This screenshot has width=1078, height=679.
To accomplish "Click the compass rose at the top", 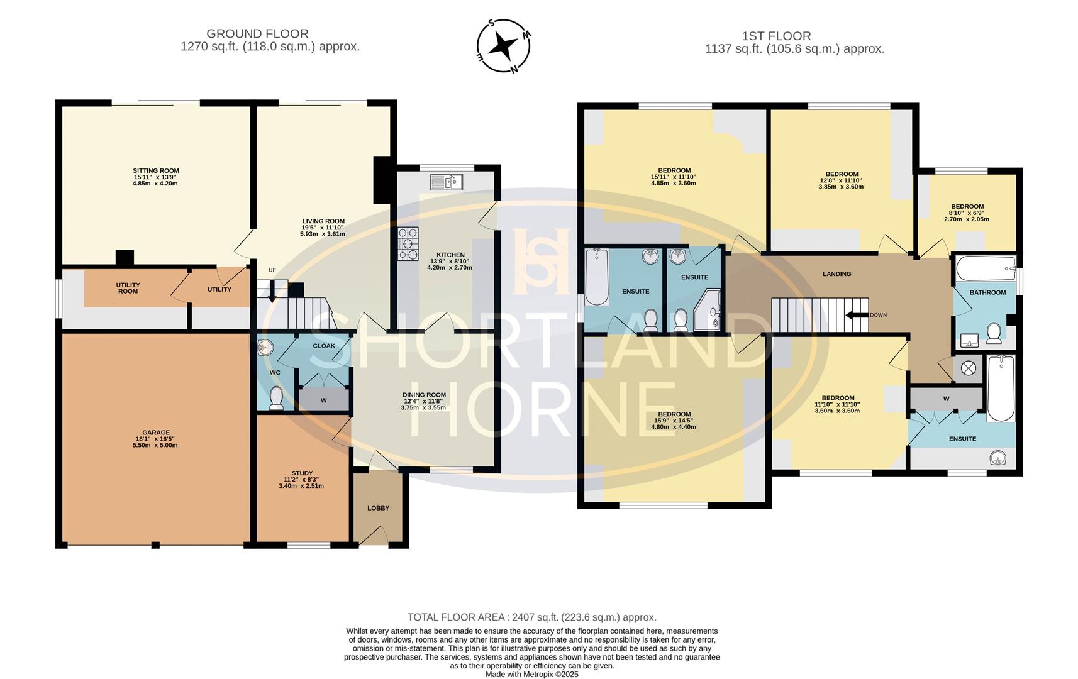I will coord(503,46).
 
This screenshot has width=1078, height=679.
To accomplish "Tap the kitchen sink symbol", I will coord(446,182).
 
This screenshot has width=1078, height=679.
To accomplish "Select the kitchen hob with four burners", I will coord(408,243).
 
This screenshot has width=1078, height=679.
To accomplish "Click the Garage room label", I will coord(155,433).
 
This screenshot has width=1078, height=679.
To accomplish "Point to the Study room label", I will coord(302,473).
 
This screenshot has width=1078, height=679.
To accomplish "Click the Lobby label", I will coord(379,508).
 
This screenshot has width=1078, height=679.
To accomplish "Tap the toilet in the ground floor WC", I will coord(276,399).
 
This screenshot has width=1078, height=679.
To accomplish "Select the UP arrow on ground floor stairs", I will coord(272,293).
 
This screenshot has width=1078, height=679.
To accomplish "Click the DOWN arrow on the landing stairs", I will coord(855,315).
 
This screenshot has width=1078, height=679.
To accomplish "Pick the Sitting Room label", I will coord(155,170).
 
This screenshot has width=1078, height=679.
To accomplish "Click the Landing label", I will coord(836,274).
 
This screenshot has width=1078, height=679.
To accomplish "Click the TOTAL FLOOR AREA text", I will coord(531,617).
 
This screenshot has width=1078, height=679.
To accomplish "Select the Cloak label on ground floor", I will coord(324,346).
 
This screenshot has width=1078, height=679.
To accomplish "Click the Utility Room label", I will coord(128,288).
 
